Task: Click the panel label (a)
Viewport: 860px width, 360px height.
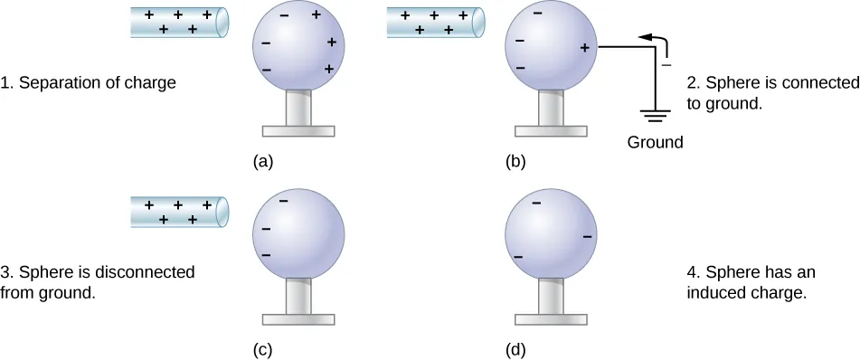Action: click(x=263, y=163)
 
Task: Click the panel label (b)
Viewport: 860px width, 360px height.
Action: click(x=515, y=163)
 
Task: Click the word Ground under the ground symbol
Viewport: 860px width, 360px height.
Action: click(x=656, y=142)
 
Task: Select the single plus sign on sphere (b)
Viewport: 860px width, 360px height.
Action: click(x=585, y=48)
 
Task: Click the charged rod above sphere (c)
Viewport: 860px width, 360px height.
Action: click(x=179, y=212)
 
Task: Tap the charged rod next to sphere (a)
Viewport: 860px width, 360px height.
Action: click(x=179, y=23)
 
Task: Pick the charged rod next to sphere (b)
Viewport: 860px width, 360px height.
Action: click(x=434, y=23)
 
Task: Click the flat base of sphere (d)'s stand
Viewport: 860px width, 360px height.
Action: click(x=551, y=318)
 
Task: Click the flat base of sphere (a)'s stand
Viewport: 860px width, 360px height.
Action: click(x=298, y=131)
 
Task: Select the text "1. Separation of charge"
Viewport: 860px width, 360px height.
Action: click(x=89, y=83)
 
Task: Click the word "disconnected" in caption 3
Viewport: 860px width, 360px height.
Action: click(x=153, y=271)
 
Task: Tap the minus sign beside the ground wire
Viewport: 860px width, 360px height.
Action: click(x=666, y=65)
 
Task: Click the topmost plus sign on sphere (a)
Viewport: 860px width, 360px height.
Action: click(x=317, y=15)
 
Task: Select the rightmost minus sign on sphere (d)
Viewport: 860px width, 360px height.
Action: click(x=588, y=237)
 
